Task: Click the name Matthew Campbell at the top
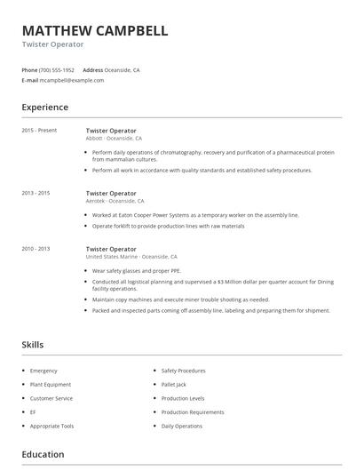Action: pyautogui.click(x=95, y=30)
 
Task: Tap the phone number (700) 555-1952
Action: pyautogui.click(x=58, y=69)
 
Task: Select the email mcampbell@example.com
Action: pyautogui.click(x=72, y=80)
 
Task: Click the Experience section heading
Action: pyautogui.click(x=44, y=108)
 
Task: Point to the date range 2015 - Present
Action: pyautogui.click(x=39, y=131)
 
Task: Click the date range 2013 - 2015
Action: pyautogui.click(x=36, y=193)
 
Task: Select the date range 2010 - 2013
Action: pyautogui.click(x=36, y=249)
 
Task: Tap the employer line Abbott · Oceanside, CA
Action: pyautogui.click(x=114, y=139)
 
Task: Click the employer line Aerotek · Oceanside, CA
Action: pyautogui.click(x=115, y=201)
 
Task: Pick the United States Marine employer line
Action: pyautogui.click(x=131, y=257)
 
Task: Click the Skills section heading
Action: pyautogui.click(x=33, y=344)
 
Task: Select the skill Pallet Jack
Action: pyautogui.click(x=174, y=384)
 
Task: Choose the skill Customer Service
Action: pyautogui.click(x=51, y=398)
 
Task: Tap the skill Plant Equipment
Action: pyautogui.click(x=50, y=384)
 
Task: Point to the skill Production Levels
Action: pyautogui.click(x=183, y=398)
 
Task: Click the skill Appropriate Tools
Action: pyautogui.click(x=51, y=426)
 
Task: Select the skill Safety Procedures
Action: pyautogui.click(x=184, y=370)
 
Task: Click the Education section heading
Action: pyautogui.click(x=43, y=454)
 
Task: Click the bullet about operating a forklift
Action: pyautogui.click(x=168, y=226)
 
